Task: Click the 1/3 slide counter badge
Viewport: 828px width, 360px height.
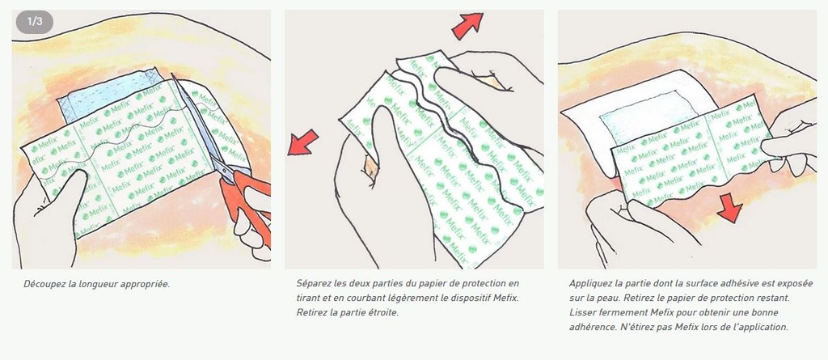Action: point(34,22)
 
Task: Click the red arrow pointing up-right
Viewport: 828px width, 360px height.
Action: point(467,26)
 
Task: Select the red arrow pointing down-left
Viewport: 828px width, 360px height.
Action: point(302,142)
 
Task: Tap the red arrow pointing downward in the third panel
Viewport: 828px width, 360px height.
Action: point(730,206)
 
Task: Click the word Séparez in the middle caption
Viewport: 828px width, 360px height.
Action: point(312,283)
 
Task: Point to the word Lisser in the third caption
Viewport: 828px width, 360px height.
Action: point(581,312)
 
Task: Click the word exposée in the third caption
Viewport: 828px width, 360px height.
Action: point(796,283)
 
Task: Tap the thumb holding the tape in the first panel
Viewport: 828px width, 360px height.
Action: point(69,193)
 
